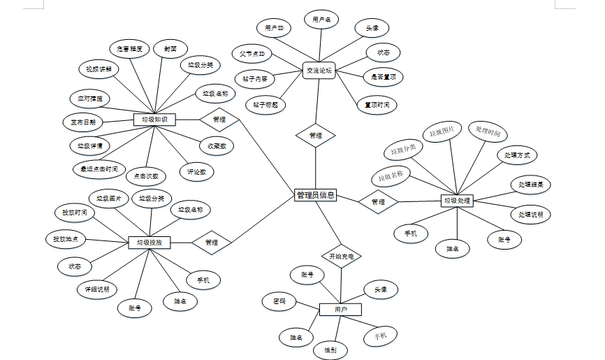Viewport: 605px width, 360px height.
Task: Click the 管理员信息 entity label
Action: point(316,196)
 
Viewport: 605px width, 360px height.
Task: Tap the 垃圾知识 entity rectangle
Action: point(154,120)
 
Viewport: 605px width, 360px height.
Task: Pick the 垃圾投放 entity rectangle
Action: point(150,243)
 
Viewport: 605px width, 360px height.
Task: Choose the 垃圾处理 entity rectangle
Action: point(458,201)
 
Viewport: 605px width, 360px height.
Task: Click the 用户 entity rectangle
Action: point(340,309)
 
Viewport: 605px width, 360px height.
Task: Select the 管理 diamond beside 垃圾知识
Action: point(219,120)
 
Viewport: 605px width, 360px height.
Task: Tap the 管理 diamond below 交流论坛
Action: point(315,135)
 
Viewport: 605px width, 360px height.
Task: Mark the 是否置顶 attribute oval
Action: point(383,76)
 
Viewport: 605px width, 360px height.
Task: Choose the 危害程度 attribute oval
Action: point(130,49)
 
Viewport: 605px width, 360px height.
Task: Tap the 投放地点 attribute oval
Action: point(66,239)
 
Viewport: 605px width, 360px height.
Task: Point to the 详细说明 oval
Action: point(96,289)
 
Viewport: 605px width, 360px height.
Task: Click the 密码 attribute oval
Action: point(279,302)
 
